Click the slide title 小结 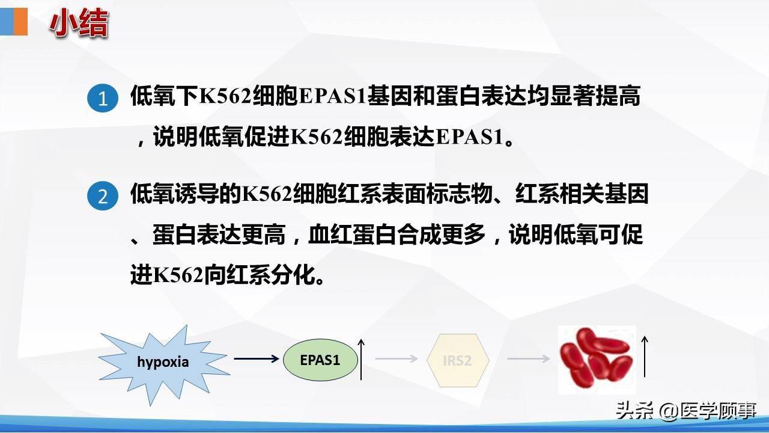(79, 24)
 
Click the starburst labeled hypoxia (163, 361)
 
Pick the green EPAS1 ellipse (320, 360)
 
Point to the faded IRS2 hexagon (457, 361)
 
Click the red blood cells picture (597, 360)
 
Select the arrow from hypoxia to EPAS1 (257, 359)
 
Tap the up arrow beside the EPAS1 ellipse (362, 359)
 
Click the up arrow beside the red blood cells (645, 357)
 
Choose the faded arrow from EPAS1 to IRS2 (396, 359)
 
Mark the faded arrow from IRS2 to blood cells (529, 359)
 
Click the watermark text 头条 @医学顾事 (685, 411)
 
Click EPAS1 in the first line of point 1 (332, 97)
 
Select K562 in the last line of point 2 (178, 276)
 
